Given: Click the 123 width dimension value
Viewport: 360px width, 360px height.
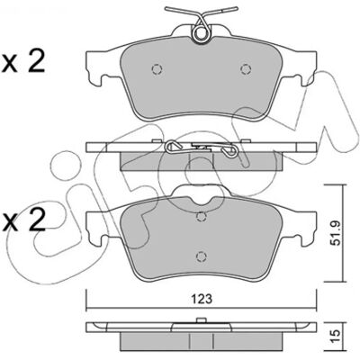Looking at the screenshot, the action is [x=202, y=299].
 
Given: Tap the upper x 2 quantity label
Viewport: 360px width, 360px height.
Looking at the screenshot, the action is [x=23, y=61].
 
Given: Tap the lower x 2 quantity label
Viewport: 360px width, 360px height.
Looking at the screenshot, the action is [x=23, y=220].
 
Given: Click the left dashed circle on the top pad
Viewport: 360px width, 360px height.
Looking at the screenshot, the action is [x=157, y=69].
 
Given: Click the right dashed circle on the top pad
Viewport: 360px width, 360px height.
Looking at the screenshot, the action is [x=246, y=69].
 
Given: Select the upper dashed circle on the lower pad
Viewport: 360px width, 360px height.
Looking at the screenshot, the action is [x=201, y=217].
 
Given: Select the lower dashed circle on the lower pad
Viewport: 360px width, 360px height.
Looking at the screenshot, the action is [x=201, y=256].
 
